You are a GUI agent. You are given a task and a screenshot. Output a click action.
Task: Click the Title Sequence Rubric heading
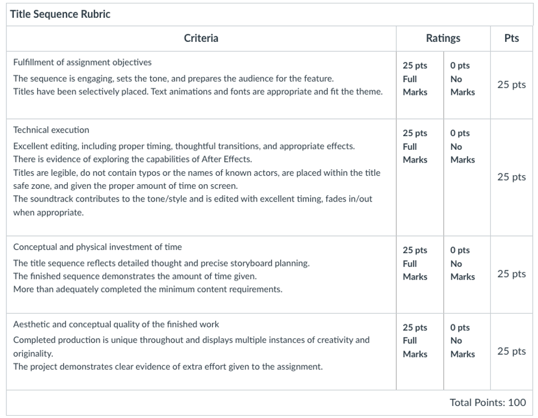[60, 14]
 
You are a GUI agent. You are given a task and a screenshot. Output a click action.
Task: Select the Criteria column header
[201, 38]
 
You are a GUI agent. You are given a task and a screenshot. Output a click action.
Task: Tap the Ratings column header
[443, 38]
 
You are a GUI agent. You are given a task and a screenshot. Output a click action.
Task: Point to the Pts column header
[511, 38]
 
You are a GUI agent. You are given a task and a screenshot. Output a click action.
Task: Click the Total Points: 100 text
[487, 402]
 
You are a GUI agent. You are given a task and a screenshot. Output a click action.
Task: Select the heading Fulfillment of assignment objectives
[82, 62]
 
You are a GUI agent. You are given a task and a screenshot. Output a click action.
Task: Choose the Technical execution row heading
[51, 130]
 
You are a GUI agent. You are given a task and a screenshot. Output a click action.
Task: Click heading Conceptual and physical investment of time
[97, 247]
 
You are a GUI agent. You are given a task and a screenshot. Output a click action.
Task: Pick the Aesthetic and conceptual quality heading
[116, 324]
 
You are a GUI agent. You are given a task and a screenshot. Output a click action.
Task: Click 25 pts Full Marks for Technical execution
[415, 146]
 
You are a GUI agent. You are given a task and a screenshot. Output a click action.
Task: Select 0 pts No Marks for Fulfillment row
[462, 79]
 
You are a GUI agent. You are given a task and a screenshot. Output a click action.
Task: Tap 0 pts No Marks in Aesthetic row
[462, 341]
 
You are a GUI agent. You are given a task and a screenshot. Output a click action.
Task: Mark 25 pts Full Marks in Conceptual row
[415, 264]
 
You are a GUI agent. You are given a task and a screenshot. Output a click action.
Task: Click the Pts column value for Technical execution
[511, 177]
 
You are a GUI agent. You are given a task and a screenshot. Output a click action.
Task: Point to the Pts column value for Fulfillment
[511, 84]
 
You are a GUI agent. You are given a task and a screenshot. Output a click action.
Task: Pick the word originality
[33, 354]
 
